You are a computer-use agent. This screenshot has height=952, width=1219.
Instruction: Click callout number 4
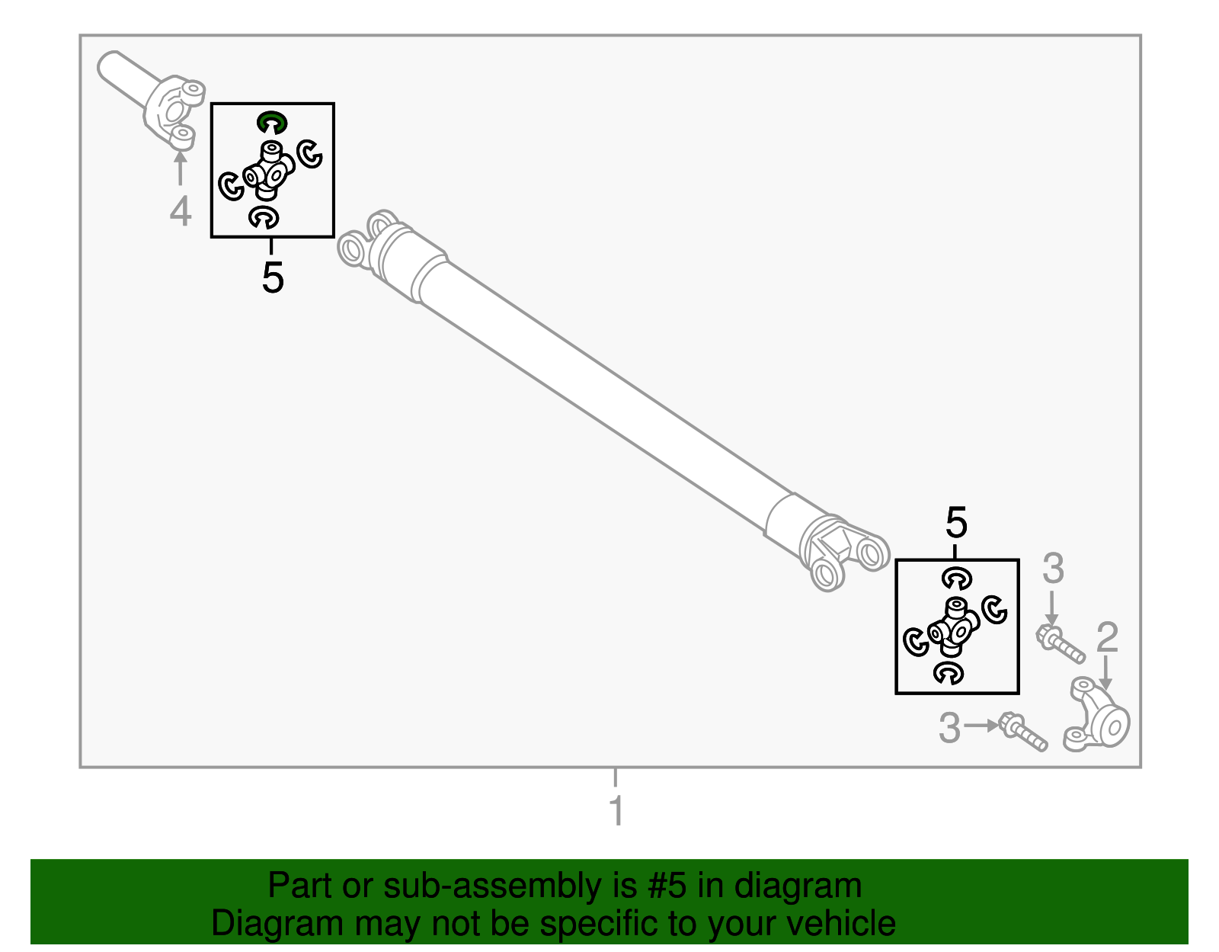point(181,212)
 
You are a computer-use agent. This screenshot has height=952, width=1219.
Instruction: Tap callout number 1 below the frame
point(616,811)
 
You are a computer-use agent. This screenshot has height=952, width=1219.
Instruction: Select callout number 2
point(1107,637)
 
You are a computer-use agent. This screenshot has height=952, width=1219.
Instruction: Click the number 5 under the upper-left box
point(273,277)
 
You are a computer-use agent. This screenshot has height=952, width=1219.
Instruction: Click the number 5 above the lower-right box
point(956,523)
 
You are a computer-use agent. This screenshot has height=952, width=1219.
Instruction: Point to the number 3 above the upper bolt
point(1053,569)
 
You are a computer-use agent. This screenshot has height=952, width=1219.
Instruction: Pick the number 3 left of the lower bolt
point(950,729)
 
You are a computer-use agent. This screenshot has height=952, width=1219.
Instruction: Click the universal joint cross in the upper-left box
point(269,171)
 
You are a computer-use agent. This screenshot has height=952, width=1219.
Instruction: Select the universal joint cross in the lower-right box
point(954,627)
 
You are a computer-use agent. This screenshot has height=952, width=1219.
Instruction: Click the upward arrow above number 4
point(180,167)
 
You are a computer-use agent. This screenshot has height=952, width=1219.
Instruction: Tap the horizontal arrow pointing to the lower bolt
point(981,726)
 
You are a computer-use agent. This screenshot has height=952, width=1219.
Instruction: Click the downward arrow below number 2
point(1105,673)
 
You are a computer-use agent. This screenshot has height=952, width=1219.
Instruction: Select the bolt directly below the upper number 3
point(1059,645)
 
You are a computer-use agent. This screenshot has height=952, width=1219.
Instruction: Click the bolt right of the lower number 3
point(1022,732)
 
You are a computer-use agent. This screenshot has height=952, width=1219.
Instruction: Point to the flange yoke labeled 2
point(1096,714)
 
